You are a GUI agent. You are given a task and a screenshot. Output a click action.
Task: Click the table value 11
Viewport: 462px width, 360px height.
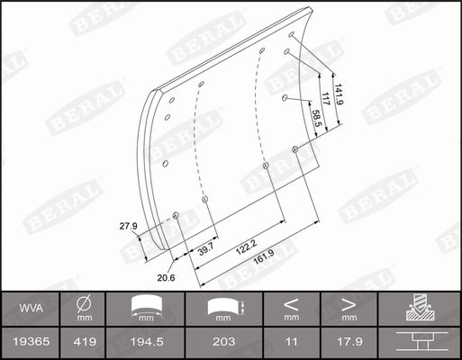291,343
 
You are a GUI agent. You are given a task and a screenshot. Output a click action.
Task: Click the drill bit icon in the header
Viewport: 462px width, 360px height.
420,309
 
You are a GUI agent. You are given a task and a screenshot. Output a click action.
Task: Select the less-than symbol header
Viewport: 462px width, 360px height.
291,303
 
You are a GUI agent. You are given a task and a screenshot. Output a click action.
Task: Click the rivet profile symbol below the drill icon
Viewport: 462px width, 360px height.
420,343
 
